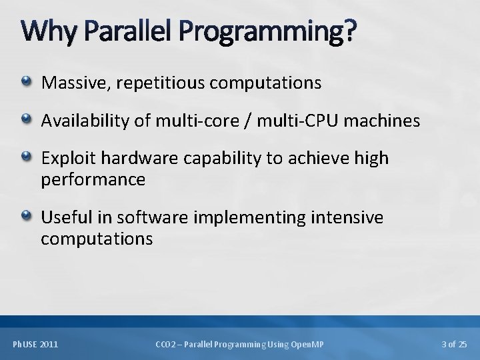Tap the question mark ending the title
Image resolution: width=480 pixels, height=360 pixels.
pos(351,31)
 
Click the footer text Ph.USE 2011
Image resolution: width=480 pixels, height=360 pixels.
pos(35,344)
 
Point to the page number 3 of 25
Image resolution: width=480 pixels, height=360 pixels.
pos(455,344)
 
